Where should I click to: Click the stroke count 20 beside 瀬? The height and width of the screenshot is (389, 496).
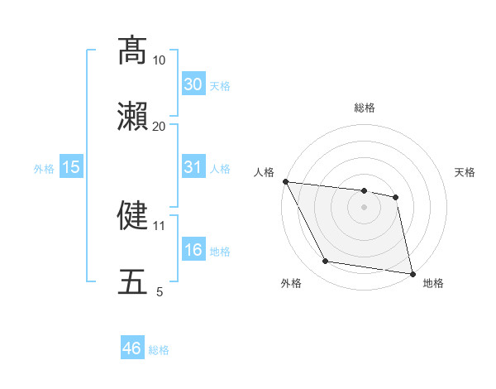(x=159, y=126)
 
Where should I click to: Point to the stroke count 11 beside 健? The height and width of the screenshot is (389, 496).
(x=159, y=224)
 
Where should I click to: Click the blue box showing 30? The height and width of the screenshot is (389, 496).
(x=193, y=84)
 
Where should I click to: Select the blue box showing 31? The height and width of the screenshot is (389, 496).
(x=193, y=167)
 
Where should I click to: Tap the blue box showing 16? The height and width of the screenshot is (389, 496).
(x=193, y=250)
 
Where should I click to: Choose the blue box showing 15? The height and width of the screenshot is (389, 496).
(x=71, y=167)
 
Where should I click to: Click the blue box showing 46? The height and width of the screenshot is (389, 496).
(x=131, y=348)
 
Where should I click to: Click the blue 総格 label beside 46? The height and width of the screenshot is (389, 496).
(x=159, y=350)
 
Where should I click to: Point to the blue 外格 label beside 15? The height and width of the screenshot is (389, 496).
(x=44, y=169)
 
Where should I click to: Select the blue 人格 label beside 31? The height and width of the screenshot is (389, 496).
(x=220, y=169)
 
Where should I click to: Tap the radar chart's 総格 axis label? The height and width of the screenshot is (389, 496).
(x=364, y=108)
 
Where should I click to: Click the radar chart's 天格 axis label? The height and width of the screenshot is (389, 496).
(x=465, y=172)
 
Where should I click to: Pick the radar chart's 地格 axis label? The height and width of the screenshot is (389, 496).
(x=433, y=283)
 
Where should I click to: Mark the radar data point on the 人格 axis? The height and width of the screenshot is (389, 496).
(x=285, y=181)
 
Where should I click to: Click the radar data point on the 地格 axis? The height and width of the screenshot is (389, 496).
(x=412, y=272)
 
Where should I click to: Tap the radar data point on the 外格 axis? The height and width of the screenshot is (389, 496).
(x=326, y=262)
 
